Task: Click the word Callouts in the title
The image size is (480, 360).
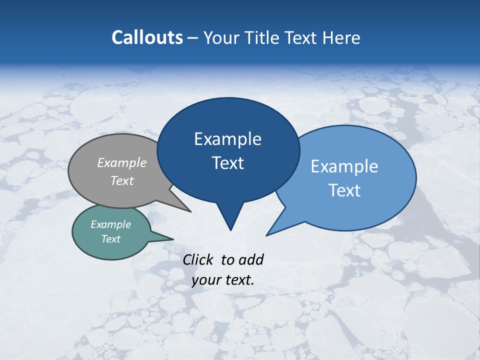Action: (147, 37)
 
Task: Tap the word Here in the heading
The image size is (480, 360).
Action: (341, 37)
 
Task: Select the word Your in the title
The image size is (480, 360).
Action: (222, 37)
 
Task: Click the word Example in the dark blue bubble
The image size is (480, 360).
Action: (227, 139)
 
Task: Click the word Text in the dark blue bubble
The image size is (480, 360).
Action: (227, 163)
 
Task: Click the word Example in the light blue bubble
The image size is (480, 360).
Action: (344, 166)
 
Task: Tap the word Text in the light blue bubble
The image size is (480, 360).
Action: (344, 190)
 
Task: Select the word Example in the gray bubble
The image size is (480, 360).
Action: (122, 162)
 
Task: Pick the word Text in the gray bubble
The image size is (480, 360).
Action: (122, 180)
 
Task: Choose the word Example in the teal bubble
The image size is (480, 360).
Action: (110, 224)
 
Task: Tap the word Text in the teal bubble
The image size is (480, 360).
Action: (110, 239)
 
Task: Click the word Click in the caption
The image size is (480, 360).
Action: (198, 259)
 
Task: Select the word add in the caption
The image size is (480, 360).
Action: (251, 259)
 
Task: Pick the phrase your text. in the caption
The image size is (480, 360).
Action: (223, 280)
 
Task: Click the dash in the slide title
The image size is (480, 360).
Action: (193, 38)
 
